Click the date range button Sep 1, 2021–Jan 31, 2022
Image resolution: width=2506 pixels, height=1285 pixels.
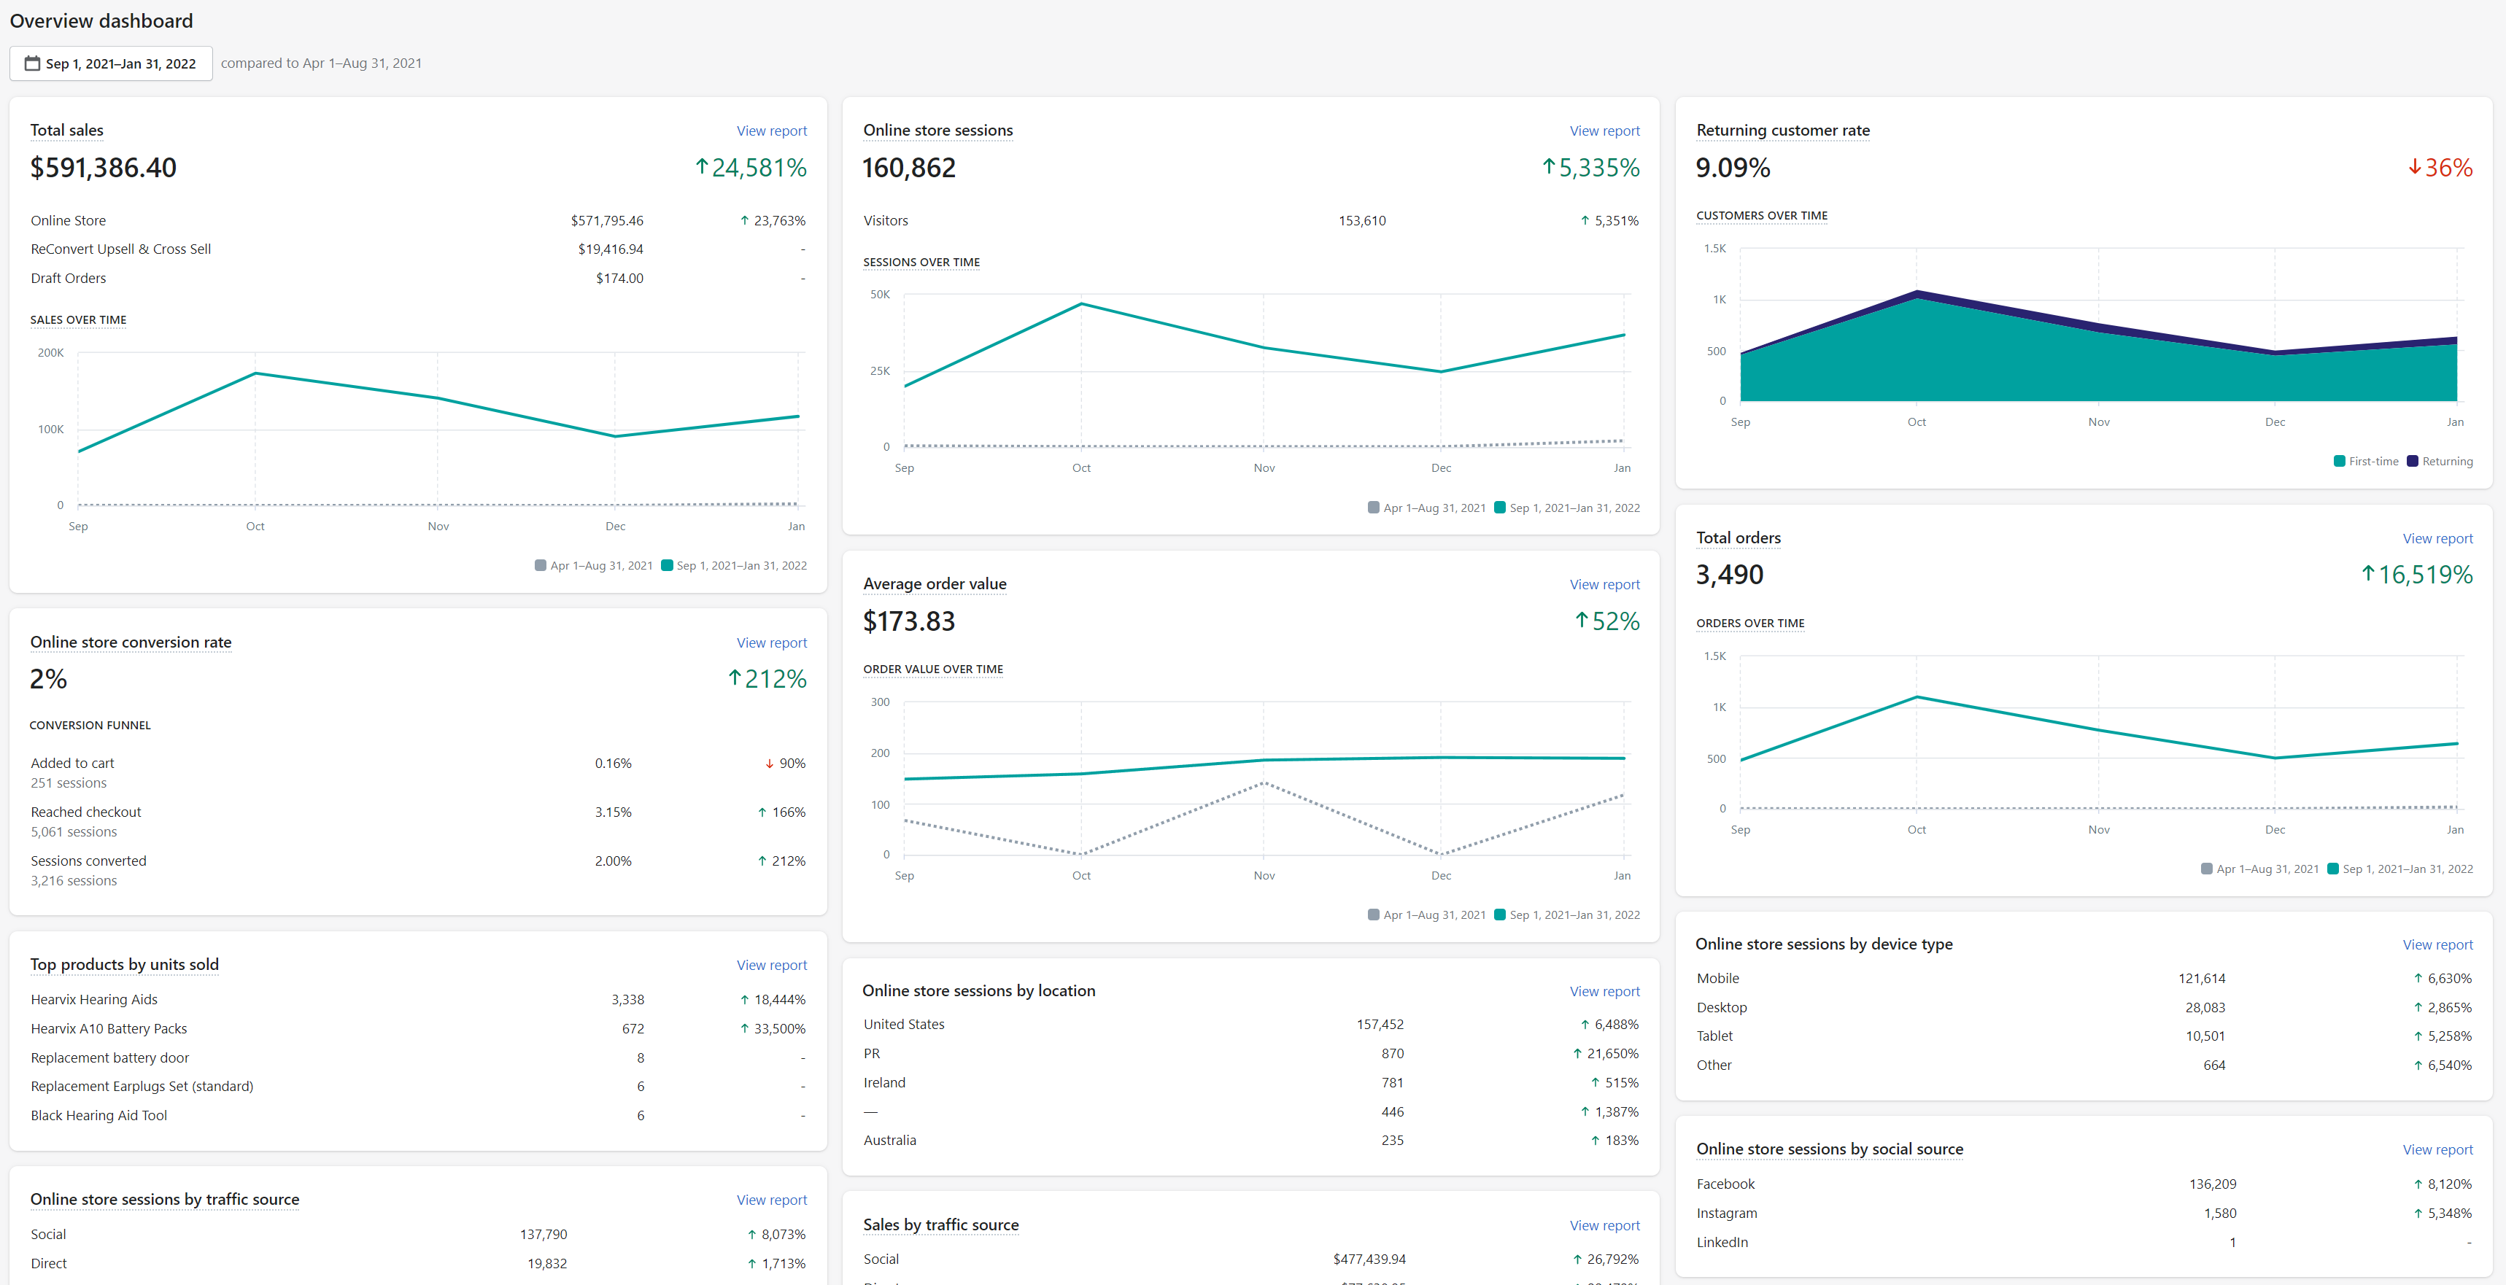[111, 63]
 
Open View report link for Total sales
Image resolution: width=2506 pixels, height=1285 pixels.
[771, 131]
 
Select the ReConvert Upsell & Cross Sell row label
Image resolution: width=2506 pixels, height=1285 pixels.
[120, 249]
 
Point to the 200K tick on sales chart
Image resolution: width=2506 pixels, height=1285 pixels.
[50, 353]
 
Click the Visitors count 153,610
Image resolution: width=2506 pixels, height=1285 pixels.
[1362, 221]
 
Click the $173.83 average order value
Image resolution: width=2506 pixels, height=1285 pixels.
[908, 621]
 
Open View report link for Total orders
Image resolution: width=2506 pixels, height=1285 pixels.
[2437, 539]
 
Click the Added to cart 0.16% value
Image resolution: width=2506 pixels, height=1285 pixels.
[613, 764]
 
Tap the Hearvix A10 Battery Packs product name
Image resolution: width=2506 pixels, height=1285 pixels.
[109, 1028]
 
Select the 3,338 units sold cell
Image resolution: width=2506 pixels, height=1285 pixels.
[627, 1000]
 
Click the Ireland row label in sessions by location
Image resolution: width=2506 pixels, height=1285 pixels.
[884, 1083]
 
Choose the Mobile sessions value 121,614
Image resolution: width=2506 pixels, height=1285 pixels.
[2202, 979]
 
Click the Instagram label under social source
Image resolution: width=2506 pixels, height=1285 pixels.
[1727, 1213]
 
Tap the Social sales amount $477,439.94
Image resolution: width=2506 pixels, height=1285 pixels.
[1369, 1259]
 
